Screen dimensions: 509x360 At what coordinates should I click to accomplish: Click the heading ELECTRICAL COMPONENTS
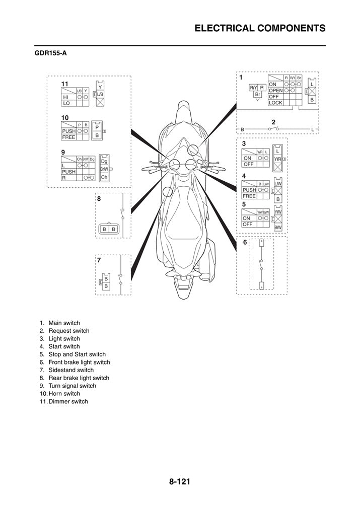pos(260,28)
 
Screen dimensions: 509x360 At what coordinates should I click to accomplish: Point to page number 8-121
pos(180,482)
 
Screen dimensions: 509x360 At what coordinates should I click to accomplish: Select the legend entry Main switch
pos(64,323)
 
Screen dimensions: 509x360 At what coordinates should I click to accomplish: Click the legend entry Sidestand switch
pos(71,370)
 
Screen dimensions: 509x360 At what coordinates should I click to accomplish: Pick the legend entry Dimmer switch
pos(68,402)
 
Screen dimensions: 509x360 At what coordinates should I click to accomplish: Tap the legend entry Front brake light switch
pos(79,362)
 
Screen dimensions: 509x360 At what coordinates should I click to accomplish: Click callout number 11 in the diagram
pos(65,83)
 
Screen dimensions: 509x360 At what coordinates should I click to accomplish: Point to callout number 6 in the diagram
pos(245,242)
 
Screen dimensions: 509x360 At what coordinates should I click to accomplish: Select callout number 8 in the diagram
pos(99,199)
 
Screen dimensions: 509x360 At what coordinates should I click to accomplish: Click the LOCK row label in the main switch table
pos(275,103)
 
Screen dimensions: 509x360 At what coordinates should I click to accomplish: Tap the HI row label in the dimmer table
pos(65,97)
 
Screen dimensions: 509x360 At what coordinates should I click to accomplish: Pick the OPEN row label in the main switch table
pos(276,90)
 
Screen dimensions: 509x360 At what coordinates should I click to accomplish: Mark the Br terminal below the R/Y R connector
pos(257,95)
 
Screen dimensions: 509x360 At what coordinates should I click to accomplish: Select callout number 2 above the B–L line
pos(273,122)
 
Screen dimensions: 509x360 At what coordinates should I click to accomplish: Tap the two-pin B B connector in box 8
pos(109,229)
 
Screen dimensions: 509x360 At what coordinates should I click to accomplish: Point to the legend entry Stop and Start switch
pos(77,354)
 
